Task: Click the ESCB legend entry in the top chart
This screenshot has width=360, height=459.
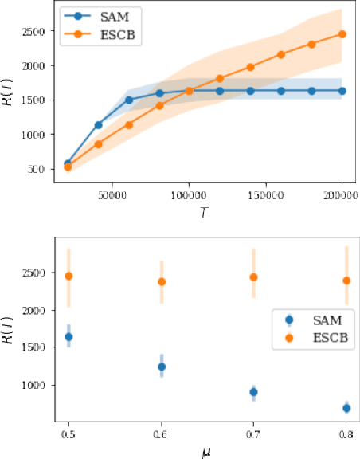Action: click(x=93, y=35)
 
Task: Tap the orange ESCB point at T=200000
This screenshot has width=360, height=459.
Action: click(x=342, y=34)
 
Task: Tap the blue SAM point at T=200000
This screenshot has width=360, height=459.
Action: click(x=342, y=91)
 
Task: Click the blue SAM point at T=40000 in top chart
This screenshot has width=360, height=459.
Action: click(x=98, y=125)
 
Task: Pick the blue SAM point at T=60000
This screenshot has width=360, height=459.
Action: click(x=129, y=100)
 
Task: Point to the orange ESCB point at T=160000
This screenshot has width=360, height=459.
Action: click(x=281, y=54)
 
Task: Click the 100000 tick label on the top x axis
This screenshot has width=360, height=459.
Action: click(x=188, y=193)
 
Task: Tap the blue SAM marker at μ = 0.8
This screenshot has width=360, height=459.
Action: click(x=346, y=408)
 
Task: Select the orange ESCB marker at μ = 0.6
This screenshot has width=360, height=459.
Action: click(x=162, y=281)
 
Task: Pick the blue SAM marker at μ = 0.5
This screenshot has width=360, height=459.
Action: click(x=68, y=337)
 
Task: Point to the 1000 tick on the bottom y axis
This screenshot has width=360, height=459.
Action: click(x=37, y=385)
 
